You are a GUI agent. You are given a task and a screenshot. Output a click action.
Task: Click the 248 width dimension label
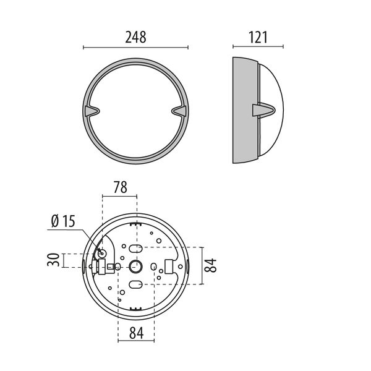135,37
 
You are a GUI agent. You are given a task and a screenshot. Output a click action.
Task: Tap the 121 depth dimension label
258,37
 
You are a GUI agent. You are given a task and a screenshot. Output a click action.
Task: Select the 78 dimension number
120,187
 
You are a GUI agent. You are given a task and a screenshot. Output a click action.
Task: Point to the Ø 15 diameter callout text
63,221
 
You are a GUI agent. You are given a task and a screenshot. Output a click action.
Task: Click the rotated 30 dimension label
53,260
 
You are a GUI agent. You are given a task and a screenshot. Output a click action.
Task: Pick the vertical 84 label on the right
210,265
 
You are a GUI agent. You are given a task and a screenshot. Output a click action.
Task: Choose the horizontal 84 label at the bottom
136,333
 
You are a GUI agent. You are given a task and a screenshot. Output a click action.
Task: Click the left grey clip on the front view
92,111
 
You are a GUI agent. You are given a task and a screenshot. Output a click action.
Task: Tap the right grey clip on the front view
179,111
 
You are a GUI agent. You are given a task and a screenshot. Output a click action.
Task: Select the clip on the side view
263,110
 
